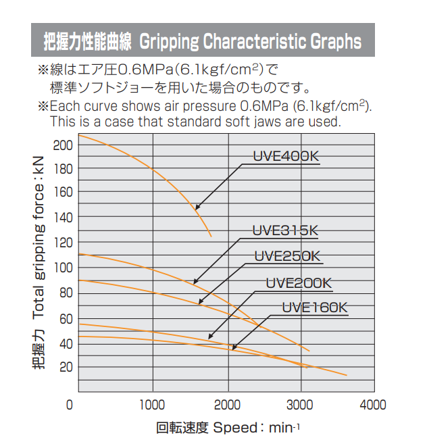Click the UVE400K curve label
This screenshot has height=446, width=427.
coord(286,156)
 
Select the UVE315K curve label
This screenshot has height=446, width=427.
coord(284,230)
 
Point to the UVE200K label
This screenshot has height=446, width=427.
coord(299,283)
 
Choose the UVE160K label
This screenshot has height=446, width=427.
coord(314,307)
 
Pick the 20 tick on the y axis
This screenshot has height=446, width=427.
coord(65,367)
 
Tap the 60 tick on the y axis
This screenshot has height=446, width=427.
coord(65,318)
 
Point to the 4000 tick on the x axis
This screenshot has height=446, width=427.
coord(373,405)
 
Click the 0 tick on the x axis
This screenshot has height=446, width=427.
coord(70,405)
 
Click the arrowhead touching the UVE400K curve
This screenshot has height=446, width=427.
coord(197,207)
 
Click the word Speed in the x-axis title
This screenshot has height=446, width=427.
coord(233,428)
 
